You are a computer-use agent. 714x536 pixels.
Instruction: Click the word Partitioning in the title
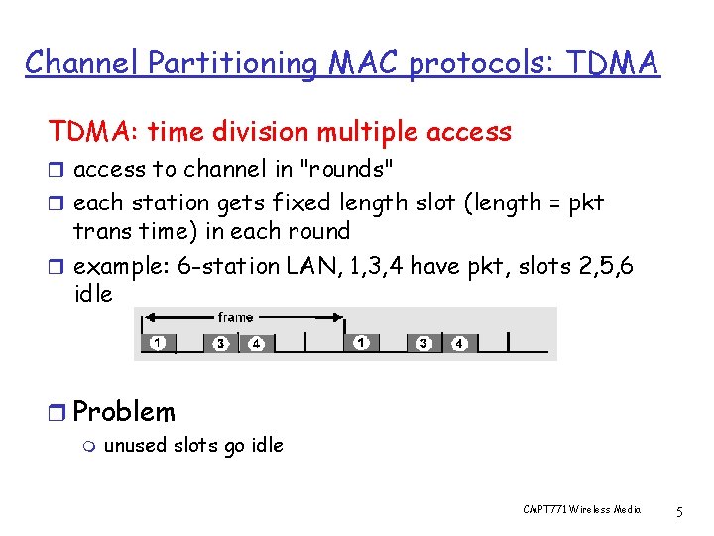pyautogui.click(x=233, y=63)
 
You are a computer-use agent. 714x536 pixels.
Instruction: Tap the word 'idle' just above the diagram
pyautogui.click(x=93, y=295)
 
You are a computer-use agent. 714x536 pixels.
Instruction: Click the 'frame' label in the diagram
pyautogui.click(x=235, y=317)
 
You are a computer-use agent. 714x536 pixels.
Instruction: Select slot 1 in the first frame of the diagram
pyautogui.click(x=158, y=343)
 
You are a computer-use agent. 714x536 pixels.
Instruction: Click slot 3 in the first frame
pyautogui.click(x=221, y=343)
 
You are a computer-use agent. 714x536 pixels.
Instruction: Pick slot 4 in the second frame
pyautogui.click(x=458, y=343)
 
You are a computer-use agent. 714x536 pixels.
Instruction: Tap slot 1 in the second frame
pyautogui.click(x=362, y=343)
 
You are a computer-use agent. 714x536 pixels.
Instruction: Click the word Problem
pyautogui.click(x=124, y=412)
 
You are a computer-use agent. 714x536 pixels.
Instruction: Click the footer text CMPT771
pyautogui.click(x=548, y=510)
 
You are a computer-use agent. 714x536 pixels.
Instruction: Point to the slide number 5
pyautogui.click(x=678, y=511)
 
